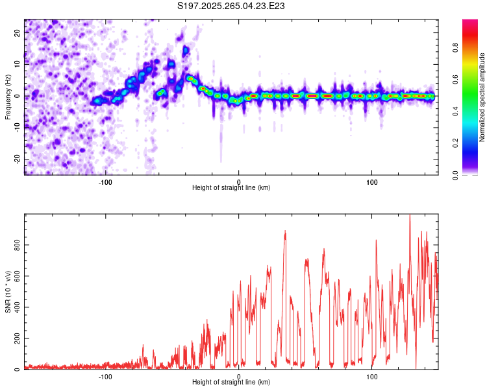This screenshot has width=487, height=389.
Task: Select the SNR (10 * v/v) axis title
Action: coord(8,292)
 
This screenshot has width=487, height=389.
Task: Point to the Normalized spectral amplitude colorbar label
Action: coord(482,97)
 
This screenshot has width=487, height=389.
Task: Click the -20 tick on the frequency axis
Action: coord(16,159)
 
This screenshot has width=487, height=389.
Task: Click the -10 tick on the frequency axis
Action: coord(16,128)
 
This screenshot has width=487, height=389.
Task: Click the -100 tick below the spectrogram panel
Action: coord(105,182)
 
